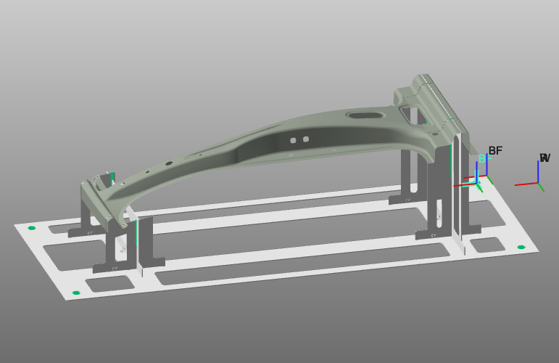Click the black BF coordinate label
click(495, 151)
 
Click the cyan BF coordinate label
click(483, 159)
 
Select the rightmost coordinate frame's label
click(544, 158)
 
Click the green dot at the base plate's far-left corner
click(31, 228)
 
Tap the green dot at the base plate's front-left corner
click(76, 293)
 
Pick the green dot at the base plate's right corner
click(521, 248)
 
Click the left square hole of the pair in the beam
click(293, 140)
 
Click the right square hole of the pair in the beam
click(306, 139)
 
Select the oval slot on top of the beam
click(362, 115)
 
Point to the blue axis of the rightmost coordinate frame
click(538, 171)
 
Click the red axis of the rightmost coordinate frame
click(526, 184)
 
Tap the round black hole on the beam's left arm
click(168, 163)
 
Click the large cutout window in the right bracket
click(411, 114)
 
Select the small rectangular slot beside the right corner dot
click(490, 245)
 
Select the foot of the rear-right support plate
click(402, 200)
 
